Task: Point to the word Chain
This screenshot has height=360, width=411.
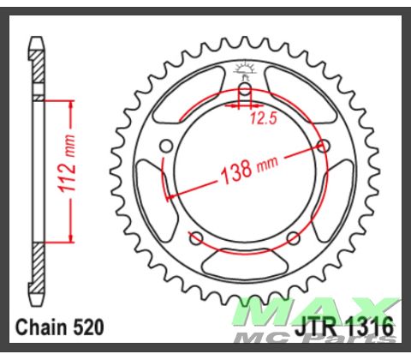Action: click(x=43, y=327)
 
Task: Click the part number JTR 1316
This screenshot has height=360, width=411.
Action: click(x=347, y=327)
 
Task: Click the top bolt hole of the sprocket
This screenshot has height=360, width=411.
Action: click(x=245, y=89)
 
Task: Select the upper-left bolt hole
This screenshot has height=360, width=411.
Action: click(x=167, y=145)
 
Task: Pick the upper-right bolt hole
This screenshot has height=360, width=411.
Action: click(x=323, y=145)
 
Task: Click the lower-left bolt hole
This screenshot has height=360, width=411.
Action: click(x=196, y=237)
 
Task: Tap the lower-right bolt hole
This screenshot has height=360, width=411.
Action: click(x=293, y=237)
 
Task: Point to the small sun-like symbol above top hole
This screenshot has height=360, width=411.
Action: click(x=245, y=69)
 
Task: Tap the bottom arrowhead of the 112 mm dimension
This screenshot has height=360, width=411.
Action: click(x=64, y=238)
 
